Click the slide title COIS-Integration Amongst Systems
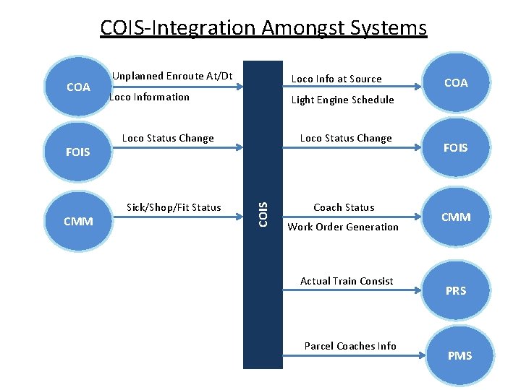[x=263, y=28]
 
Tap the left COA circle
[x=78, y=87]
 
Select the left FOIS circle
[x=78, y=152]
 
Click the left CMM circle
[x=78, y=221]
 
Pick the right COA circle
[x=456, y=83]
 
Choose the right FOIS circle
[x=456, y=148]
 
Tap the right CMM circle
[x=456, y=217]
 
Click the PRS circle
[x=456, y=290]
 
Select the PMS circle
[x=459, y=355]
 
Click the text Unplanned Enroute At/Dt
[x=172, y=76]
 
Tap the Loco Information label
[x=149, y=97]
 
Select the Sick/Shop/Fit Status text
[x=174, y=207]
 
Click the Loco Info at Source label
[x=336, y=79]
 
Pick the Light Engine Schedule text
[x=342, y=100]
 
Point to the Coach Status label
[x=344, y=207]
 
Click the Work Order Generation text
[x=343, y=227]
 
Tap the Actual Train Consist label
[x=347, y=281]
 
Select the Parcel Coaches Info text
[x=350, y=346]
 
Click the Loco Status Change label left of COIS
[x=168, y=138]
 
